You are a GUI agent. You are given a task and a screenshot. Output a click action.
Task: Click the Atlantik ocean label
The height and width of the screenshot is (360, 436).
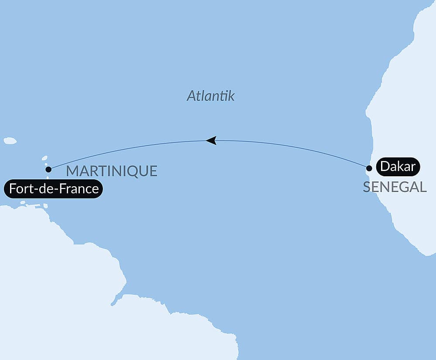(211, 96)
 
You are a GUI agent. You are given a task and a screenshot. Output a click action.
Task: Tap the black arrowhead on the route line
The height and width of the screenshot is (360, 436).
(211, 140)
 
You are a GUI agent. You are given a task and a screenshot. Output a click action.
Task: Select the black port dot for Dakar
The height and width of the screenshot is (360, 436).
(369, 168)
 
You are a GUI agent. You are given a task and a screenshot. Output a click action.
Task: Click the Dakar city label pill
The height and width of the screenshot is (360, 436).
(397, 166)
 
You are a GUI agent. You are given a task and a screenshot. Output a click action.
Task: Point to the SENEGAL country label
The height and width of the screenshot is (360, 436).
(395, 187)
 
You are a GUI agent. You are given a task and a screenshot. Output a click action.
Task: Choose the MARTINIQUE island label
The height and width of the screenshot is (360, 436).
(112, 171)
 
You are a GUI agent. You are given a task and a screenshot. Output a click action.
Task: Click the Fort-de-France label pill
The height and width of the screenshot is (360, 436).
(54, 189)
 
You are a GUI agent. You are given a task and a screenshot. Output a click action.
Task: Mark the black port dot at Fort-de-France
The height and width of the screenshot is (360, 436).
(48, 169)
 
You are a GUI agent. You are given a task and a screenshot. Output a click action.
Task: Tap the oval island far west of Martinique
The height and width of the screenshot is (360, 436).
(10, 141)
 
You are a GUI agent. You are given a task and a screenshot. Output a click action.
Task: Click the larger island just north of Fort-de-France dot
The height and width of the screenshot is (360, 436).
(44, 158)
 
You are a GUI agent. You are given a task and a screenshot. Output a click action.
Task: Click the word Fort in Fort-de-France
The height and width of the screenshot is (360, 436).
(19, 189)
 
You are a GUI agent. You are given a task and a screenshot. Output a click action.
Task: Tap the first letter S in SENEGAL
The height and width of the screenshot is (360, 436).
(367, 187)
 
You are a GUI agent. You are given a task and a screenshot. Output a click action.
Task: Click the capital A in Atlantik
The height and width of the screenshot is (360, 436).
(191, 96)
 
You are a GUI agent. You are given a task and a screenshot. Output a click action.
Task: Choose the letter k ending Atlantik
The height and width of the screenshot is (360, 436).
(231, 96)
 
